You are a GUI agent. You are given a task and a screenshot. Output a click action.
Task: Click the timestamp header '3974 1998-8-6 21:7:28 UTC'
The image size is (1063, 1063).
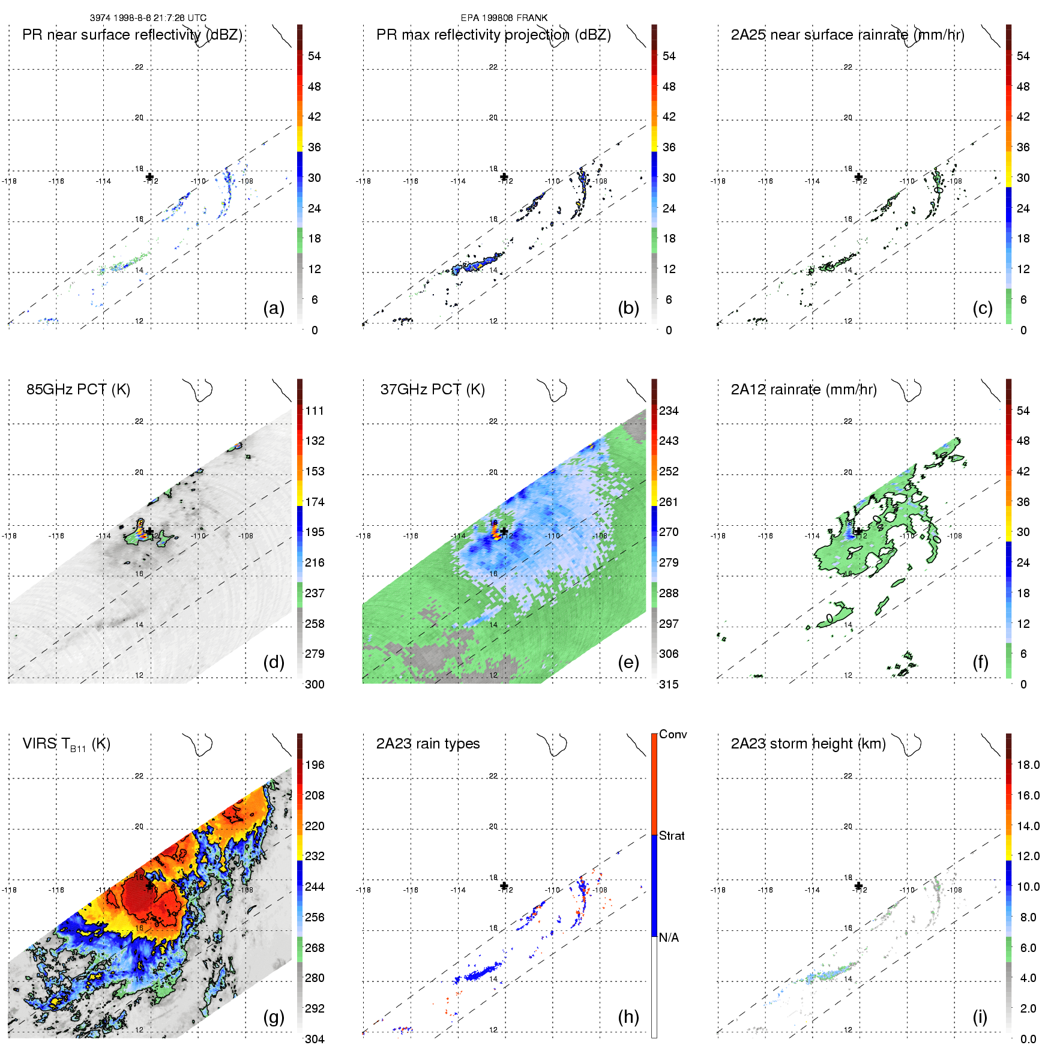point(148,18)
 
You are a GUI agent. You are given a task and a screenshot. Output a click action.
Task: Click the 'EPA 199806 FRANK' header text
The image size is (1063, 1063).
point(504,18)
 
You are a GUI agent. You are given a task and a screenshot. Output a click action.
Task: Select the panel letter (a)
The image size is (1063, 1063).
point(274,308)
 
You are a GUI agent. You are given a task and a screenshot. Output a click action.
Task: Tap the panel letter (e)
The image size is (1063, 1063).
point(628,662)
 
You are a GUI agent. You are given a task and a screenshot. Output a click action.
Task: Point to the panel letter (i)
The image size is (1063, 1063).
point(980,1017)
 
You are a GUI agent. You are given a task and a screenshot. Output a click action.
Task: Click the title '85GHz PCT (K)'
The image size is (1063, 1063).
point(78,390)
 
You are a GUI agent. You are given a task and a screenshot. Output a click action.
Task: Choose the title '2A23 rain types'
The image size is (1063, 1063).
point(428,744)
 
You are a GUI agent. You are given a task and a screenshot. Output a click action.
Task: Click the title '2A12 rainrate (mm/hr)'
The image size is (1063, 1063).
point(804,390)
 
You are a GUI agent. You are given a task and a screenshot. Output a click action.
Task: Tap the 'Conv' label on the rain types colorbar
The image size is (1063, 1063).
point(673,735)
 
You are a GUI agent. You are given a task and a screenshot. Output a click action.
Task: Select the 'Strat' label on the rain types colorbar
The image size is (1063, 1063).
point(672,836)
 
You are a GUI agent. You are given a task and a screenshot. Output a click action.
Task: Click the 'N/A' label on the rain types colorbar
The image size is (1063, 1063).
point(669,938)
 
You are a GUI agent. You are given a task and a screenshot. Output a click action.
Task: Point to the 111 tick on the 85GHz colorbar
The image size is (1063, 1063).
point(315,411)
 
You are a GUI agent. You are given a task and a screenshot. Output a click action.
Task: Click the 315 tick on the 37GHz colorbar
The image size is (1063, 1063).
point(669,684)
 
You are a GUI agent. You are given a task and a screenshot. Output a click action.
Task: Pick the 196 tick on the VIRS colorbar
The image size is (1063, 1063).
point(315,765)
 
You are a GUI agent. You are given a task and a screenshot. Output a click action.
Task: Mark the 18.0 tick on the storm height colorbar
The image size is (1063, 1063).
point(1028,765)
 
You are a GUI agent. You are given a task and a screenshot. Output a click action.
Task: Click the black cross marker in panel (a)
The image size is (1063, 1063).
point(149,176)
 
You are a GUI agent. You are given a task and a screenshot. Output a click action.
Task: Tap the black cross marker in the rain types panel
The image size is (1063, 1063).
point(504,886)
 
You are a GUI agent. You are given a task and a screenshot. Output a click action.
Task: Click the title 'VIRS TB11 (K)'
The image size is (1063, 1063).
point(66,744)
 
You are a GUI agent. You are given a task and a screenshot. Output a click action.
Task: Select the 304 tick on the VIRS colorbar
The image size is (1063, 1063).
point(315,1039)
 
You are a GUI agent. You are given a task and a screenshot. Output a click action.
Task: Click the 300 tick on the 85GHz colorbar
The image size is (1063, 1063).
point(315,684)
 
